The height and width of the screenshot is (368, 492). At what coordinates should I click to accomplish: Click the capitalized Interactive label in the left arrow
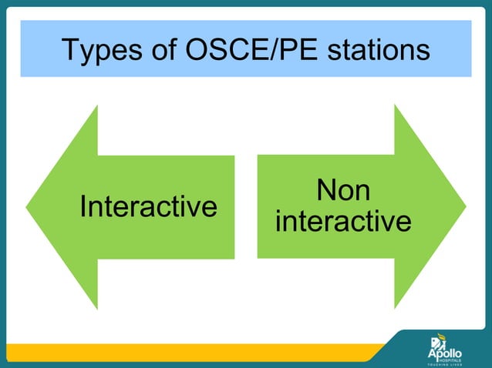(148, 207)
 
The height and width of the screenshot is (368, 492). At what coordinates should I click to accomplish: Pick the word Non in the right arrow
(343, 191)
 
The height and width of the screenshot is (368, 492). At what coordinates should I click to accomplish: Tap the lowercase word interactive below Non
(343, 222)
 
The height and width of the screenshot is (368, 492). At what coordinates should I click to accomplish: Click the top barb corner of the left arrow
(97, 107)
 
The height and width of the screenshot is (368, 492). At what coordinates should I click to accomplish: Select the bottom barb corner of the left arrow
(97, 308)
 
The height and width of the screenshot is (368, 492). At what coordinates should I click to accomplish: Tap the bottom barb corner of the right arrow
(395, 308)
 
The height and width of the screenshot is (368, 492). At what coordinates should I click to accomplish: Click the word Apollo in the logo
(446, 352)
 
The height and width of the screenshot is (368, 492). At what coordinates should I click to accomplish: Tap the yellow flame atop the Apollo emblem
(436, 336)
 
